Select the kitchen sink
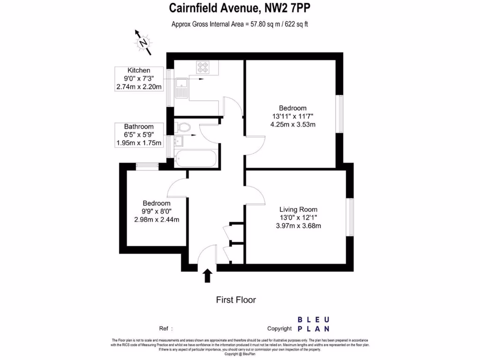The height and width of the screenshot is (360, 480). point(181,88)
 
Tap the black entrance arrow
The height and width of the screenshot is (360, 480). point(207,275)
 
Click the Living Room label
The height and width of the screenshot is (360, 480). point(299,210)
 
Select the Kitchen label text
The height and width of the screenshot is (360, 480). point(139,70)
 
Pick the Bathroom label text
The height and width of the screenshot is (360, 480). point(139,127)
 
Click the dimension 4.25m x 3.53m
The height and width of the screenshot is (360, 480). point(293,125)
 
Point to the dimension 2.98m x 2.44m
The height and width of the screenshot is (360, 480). point(157,219)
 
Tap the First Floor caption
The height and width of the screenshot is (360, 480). point(236,300)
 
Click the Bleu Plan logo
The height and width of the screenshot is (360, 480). point(313,324)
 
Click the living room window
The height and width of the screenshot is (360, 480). point(350,217)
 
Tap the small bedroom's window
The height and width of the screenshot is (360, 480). point(147,165)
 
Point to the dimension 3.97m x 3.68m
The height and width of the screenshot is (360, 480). point(299,226)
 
